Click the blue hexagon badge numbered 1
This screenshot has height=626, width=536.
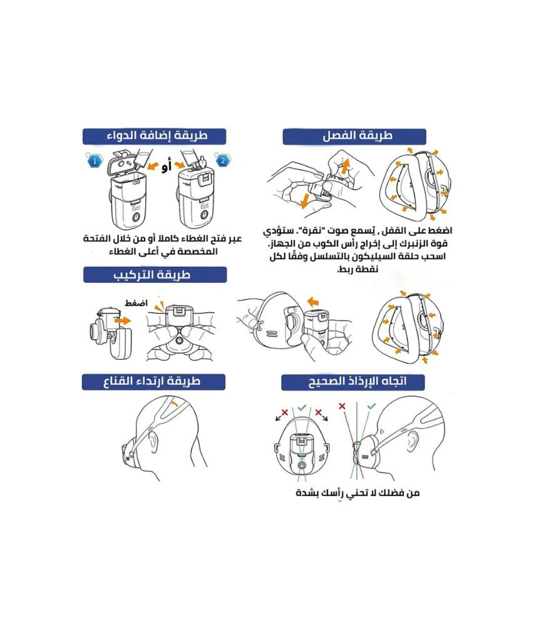95,162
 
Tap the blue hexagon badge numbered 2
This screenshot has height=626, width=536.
222,161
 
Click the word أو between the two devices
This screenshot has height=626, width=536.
167,167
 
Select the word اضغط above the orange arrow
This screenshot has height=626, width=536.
136,303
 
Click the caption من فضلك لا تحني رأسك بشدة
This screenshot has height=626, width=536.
358,493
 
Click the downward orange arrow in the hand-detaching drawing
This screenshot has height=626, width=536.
305,200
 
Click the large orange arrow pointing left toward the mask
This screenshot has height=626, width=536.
314,301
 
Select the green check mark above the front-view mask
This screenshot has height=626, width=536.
302,408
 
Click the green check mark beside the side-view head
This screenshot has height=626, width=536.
371,406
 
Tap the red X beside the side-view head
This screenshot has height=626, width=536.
342,406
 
